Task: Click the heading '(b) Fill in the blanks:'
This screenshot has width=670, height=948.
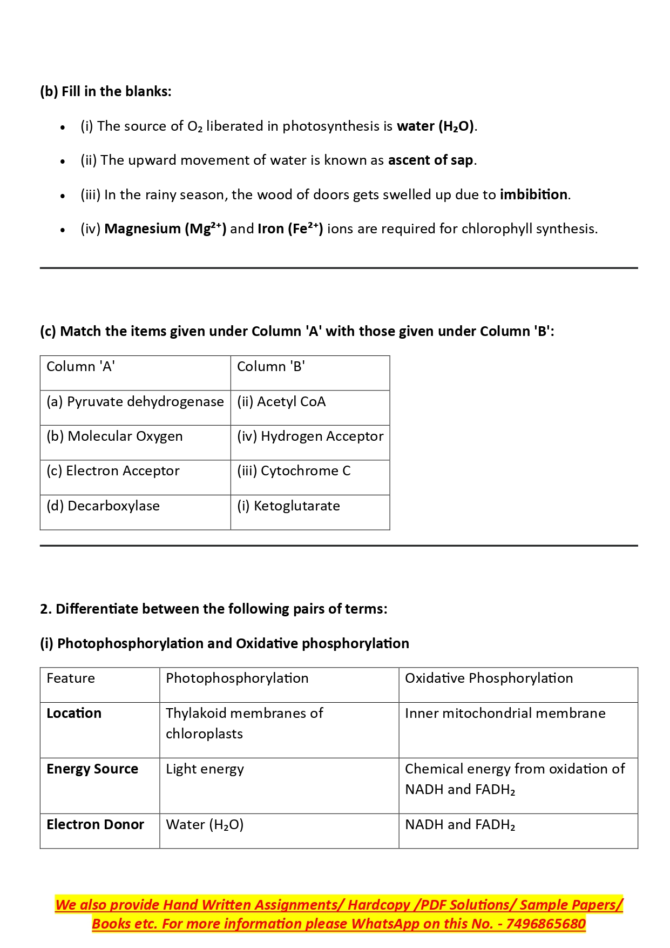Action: pos(105,91)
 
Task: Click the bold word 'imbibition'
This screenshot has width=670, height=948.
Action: pos(533,194)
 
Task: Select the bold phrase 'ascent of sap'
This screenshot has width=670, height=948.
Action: pos(431,160)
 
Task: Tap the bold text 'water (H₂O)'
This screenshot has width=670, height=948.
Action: pos(436,126)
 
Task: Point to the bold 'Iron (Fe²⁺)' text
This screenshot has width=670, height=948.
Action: pos(290,228)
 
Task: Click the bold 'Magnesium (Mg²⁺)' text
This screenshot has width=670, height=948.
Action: pos(165,228)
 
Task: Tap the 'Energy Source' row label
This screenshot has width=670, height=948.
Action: pos(92,769)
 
